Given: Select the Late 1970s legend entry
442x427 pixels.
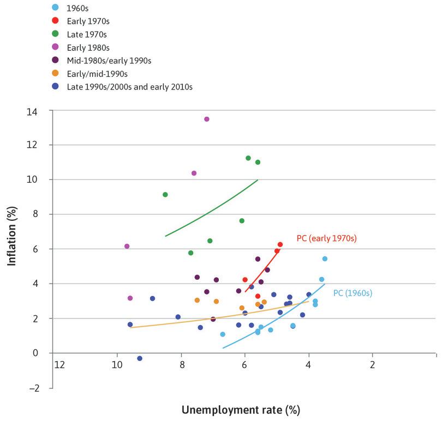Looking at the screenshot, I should [x=86, y=33].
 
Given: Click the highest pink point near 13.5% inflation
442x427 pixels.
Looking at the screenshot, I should [x=206, y=119].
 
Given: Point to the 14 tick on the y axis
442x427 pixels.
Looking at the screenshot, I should [x=41, y=111].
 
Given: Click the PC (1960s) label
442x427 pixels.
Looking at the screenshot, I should [x=352, y=293].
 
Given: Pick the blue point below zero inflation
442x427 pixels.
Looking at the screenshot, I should [x=140, y=358].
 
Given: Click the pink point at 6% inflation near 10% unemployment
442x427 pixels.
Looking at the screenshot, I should [x=127, y=246].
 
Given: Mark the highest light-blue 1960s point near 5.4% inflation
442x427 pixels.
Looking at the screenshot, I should [x=325, y=259].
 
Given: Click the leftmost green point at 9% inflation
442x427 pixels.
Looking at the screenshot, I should [x=165, y=195].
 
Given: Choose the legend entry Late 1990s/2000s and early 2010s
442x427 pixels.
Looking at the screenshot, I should [x=129, y=86].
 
